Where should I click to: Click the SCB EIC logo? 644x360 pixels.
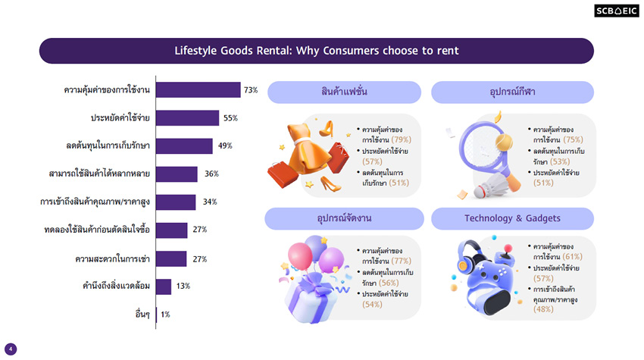616,11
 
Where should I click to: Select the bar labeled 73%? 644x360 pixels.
198,90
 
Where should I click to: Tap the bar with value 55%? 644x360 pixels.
187,118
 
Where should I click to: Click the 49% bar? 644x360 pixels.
184,146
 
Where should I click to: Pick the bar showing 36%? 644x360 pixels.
177,174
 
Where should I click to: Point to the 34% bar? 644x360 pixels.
176,202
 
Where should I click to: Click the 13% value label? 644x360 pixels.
183,286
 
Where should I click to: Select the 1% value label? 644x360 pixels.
165,314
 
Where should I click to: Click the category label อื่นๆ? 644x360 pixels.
141,314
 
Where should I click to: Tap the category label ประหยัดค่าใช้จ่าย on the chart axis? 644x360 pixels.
120,118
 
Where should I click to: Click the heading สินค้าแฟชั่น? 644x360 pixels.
344,92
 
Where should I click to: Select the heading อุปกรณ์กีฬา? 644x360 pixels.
512,92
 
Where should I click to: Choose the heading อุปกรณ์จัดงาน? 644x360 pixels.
344,218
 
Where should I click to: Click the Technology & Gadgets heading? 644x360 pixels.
512,218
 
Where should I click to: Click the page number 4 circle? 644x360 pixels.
11,349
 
